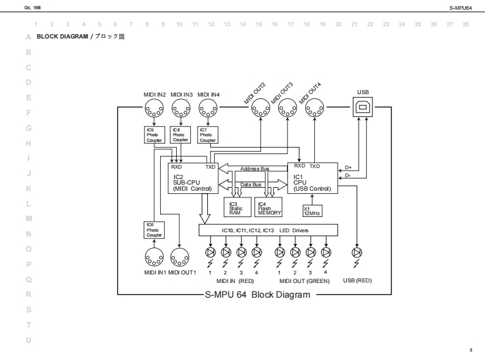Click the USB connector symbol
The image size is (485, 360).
(x=363, y=108)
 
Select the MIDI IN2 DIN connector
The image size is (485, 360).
(x=154, y=109)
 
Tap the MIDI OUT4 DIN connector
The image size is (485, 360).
(x=314, y=109)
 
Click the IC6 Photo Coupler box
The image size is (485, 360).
(x=154, y=230)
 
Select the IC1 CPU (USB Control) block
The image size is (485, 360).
(x=312, y=178)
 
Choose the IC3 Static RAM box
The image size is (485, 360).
(x=238, y=208)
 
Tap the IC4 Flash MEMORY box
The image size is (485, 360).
(x=268, y=208)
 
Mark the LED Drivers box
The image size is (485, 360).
(x=268, y=230)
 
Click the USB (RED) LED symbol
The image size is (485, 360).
(x=357, y=252)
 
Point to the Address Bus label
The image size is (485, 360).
(x=254, y=168)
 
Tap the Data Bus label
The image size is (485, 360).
(x=251, y=184)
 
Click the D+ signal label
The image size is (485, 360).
(x=348, y=167)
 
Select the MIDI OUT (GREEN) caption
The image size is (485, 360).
(x=304, y=281)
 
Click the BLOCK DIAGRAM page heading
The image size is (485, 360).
(x=62, y=37)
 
